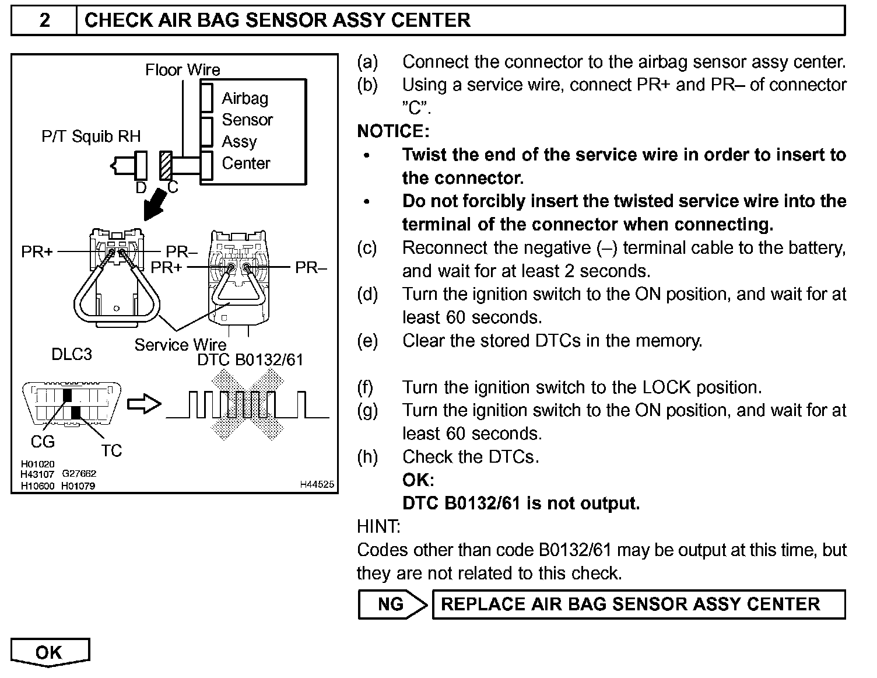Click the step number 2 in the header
pos(44,20)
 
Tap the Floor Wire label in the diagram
pos(183,70)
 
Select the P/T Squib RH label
pos(91,137)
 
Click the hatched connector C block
pos(166,166)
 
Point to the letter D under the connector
pos(141,187)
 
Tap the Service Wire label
pos(180,345)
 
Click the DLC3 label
pos(72,354)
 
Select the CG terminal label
pos(43,442)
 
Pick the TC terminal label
pos(111,450)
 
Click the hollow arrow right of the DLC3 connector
pos(143,404)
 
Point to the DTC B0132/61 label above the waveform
pos(250,359)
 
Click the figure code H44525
pos(317,484)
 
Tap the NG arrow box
pos(392,604)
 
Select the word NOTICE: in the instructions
pos(393,131)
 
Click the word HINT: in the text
pos(378,527)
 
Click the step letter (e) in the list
pos(367,341)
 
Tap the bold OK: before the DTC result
pos(418,480)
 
